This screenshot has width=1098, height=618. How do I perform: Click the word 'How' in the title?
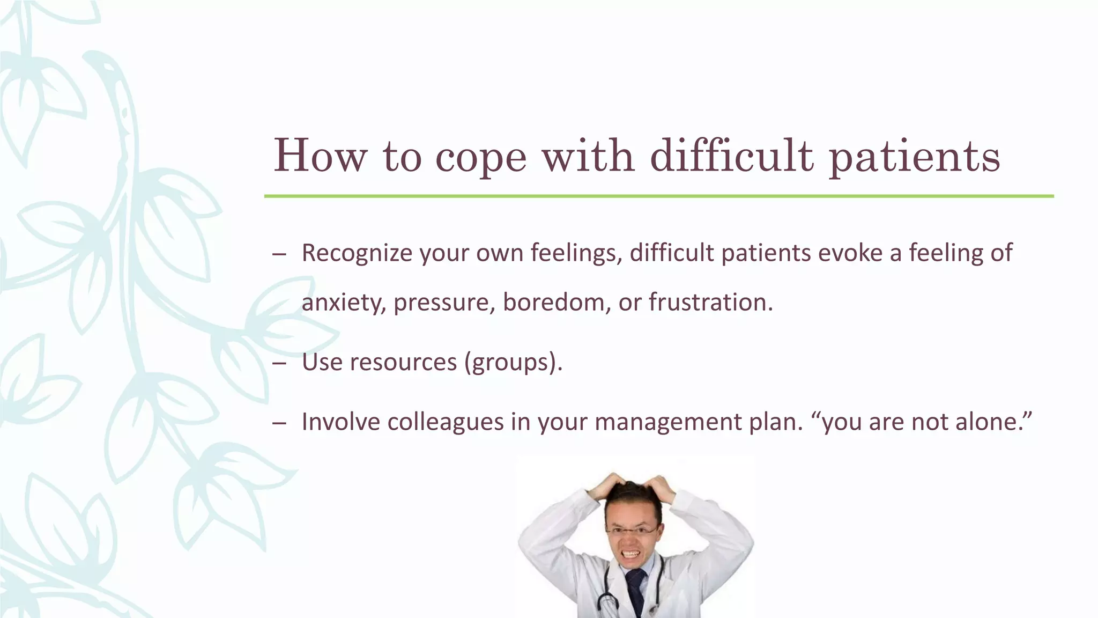click(x=320, y=156)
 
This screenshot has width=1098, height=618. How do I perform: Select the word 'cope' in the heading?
click(x=481, y=157)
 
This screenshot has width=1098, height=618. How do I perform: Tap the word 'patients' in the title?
click(x=914, y=157)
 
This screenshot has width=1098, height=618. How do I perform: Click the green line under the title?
click(x=658, y=196)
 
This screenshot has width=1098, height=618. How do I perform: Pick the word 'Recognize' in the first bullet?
click(x=357, y=253)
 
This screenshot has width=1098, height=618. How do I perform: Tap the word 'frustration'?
click(x=710, y=303)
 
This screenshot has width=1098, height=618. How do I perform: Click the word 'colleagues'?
click(x=446, y=422)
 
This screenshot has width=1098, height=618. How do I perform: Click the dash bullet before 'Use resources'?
click(x=279, y=364)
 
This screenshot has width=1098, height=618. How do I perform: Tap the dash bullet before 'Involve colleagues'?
click(x=279, y=423)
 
